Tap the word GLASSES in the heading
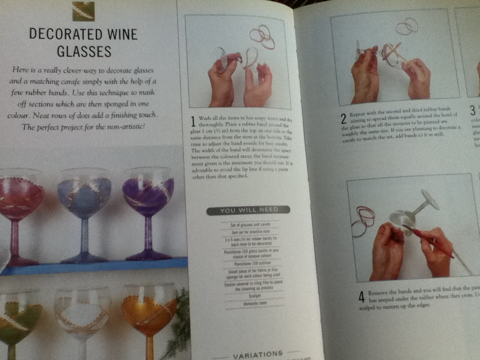point(84,51)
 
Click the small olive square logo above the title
point(83,11)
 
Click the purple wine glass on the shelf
point(148,192)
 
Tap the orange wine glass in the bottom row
point(149,312)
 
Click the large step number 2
point(343,119)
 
